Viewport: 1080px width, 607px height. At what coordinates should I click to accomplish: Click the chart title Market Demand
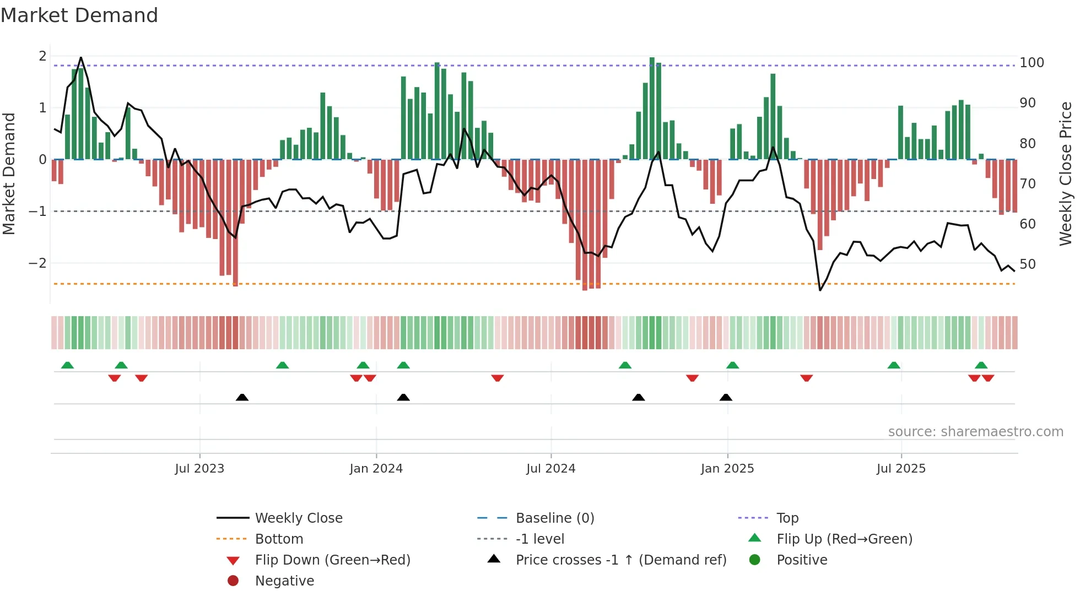tap(79, 15)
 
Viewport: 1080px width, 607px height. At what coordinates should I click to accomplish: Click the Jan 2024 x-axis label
tap(376, 468)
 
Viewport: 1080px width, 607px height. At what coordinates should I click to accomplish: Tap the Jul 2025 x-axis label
tap(901, 468)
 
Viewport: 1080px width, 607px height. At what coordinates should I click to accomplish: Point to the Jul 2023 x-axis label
tap(199, 468)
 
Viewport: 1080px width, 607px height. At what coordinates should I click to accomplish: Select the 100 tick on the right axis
tap(1032, 63)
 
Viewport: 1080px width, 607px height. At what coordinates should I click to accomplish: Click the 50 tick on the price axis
tap(1027, 264)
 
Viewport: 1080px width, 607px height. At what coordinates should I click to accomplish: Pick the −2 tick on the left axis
tap(37, 263)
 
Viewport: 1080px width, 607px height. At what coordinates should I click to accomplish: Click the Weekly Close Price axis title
tap(1066, 174)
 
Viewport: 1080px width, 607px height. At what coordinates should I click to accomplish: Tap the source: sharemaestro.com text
tap(975, 432)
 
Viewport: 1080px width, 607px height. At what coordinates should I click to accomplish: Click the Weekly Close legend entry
tap(298, 518)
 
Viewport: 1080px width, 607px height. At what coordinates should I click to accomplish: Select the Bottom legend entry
tap(279, 539)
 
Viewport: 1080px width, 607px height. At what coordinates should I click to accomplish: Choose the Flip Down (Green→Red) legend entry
tap(332, 560)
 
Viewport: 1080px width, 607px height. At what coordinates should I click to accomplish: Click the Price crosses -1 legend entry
tap(620, 560)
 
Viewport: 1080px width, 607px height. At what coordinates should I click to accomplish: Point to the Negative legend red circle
tap(233, 581)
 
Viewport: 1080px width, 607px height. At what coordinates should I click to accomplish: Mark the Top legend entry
tap(787, 518)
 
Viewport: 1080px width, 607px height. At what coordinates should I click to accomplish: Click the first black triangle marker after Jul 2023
tap(242, 397)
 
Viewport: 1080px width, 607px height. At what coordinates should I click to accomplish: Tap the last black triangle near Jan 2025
tap(726, 397)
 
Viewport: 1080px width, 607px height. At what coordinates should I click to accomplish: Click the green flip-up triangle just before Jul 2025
tap(894, 365)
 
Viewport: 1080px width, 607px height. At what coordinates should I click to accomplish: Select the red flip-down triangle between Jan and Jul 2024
tap(498, 378)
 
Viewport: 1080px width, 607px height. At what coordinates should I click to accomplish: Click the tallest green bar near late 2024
tap(652, 108)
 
